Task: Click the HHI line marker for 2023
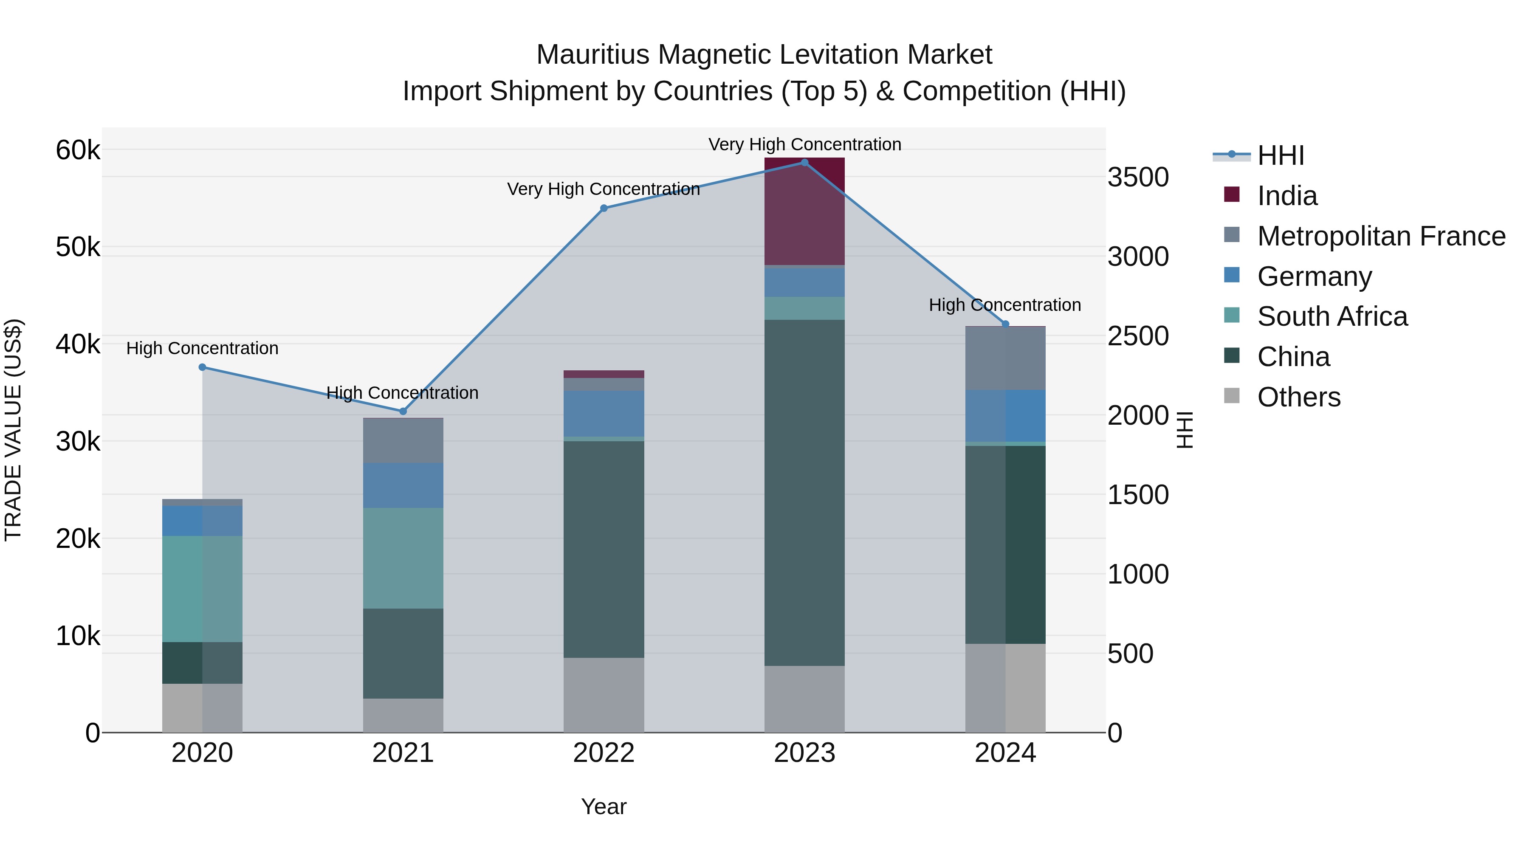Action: (804, 163)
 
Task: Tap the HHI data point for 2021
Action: (403, 411)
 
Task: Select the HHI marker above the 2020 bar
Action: (203, 367)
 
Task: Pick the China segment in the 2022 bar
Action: (604, 549)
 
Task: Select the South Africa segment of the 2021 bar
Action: (403, 558)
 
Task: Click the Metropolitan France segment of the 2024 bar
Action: (1005, 358)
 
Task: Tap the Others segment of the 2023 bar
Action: (804, 699)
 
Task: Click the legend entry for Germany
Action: (1314, 276)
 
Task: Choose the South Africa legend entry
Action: (1332, 316)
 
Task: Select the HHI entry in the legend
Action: (1280, 155)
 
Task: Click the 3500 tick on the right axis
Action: (1138, 178)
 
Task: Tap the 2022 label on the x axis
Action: (604, 753)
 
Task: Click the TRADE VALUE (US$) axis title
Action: (13, 430)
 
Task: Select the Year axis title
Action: (604, 806)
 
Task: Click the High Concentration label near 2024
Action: (1004, 305)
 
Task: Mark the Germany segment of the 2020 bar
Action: (203, 521)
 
